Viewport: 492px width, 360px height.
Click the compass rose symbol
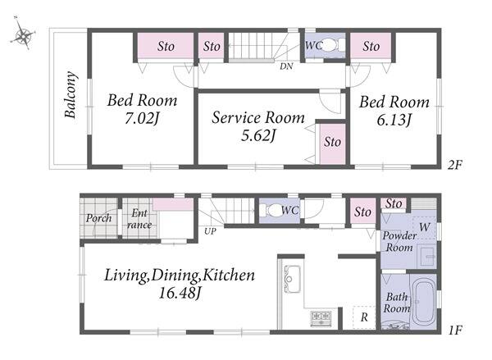(23, 34)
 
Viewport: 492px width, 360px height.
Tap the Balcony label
(71, 95)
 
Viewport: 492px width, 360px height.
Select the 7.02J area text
(142, 119)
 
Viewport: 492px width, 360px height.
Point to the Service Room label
(258, 117)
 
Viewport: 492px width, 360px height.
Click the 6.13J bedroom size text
(394, 120)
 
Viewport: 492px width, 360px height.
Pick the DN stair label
(286, 66)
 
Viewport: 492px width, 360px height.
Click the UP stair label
(210, 231)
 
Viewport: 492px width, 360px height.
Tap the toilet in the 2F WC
(330, 45)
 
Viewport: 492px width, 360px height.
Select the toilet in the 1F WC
(272, 210)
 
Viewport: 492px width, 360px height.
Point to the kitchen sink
(291, 279)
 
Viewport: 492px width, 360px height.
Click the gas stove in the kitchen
(321, 318)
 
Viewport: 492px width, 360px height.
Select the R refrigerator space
(363, 317)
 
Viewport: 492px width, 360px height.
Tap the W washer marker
(424, 227)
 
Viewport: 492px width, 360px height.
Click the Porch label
(99, 218)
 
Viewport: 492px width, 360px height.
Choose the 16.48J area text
(179, 293)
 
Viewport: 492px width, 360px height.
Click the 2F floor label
(454, 165)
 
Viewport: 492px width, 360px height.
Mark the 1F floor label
(454, 330)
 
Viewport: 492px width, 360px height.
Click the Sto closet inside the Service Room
(333, 144)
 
